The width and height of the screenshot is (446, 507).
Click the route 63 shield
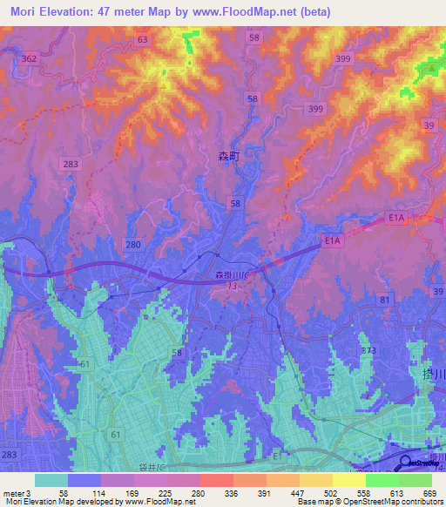click(x=143, y=40)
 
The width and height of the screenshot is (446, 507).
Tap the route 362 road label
click(x=30, y=58)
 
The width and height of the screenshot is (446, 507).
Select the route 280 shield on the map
click(x=132, y=245)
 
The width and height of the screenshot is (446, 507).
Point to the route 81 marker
click(x=384, y=300)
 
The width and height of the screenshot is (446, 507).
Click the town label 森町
click(x=227, y=158)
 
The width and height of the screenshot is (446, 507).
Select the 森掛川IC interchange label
click(x=231, y=275)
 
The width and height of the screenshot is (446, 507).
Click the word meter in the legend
click(x=15, y=493)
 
